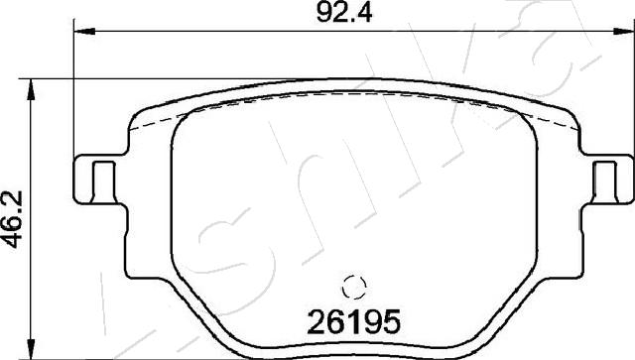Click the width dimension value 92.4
[344, 14]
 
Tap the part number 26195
[354, 322]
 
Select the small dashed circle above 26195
[354, 287]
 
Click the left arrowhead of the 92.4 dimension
[84, 31]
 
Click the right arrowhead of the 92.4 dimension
[624, 31]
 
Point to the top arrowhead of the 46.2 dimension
[31, 89]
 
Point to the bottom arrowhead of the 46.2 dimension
[31, 349]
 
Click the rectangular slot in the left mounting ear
[103, 181]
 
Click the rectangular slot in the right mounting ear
[605, 181]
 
